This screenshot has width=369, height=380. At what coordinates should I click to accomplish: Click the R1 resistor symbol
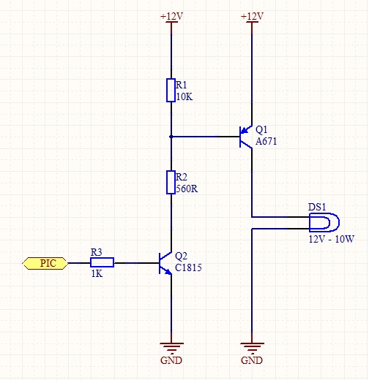pos(171,90)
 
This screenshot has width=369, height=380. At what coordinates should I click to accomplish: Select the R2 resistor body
pos(171,182)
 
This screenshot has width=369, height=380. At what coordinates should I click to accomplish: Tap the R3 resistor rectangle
pos(102,262)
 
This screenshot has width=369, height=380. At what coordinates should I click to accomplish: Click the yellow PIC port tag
pos(45,263)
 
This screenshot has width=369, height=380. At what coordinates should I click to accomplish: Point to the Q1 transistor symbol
pos(246,137)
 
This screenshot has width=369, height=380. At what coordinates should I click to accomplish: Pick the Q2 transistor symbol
pos(165,263)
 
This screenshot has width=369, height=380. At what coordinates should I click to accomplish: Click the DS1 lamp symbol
pos(324,222)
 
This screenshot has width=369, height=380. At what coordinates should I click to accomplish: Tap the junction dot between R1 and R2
pos(171,137)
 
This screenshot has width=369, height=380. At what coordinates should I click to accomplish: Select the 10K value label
pos(184,97)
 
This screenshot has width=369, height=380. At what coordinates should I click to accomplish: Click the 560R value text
pos(187,189)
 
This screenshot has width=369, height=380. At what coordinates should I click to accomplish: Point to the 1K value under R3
pos(97,274)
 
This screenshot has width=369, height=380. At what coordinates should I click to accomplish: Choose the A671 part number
pos(266,141)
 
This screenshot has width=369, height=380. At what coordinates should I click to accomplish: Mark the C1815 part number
pos(188,267)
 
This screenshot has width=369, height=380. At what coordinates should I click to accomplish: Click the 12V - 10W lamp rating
pos(332,239)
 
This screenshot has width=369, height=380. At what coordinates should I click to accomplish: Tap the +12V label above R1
pos(171,17)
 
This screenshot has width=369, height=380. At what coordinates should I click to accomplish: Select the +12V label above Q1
pos(252,17)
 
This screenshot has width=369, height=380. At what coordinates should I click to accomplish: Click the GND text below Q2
pos(171,360)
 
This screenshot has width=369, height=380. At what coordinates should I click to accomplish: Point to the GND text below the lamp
pos(252,360)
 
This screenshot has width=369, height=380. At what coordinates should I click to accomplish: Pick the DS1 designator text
pos(317,207)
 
